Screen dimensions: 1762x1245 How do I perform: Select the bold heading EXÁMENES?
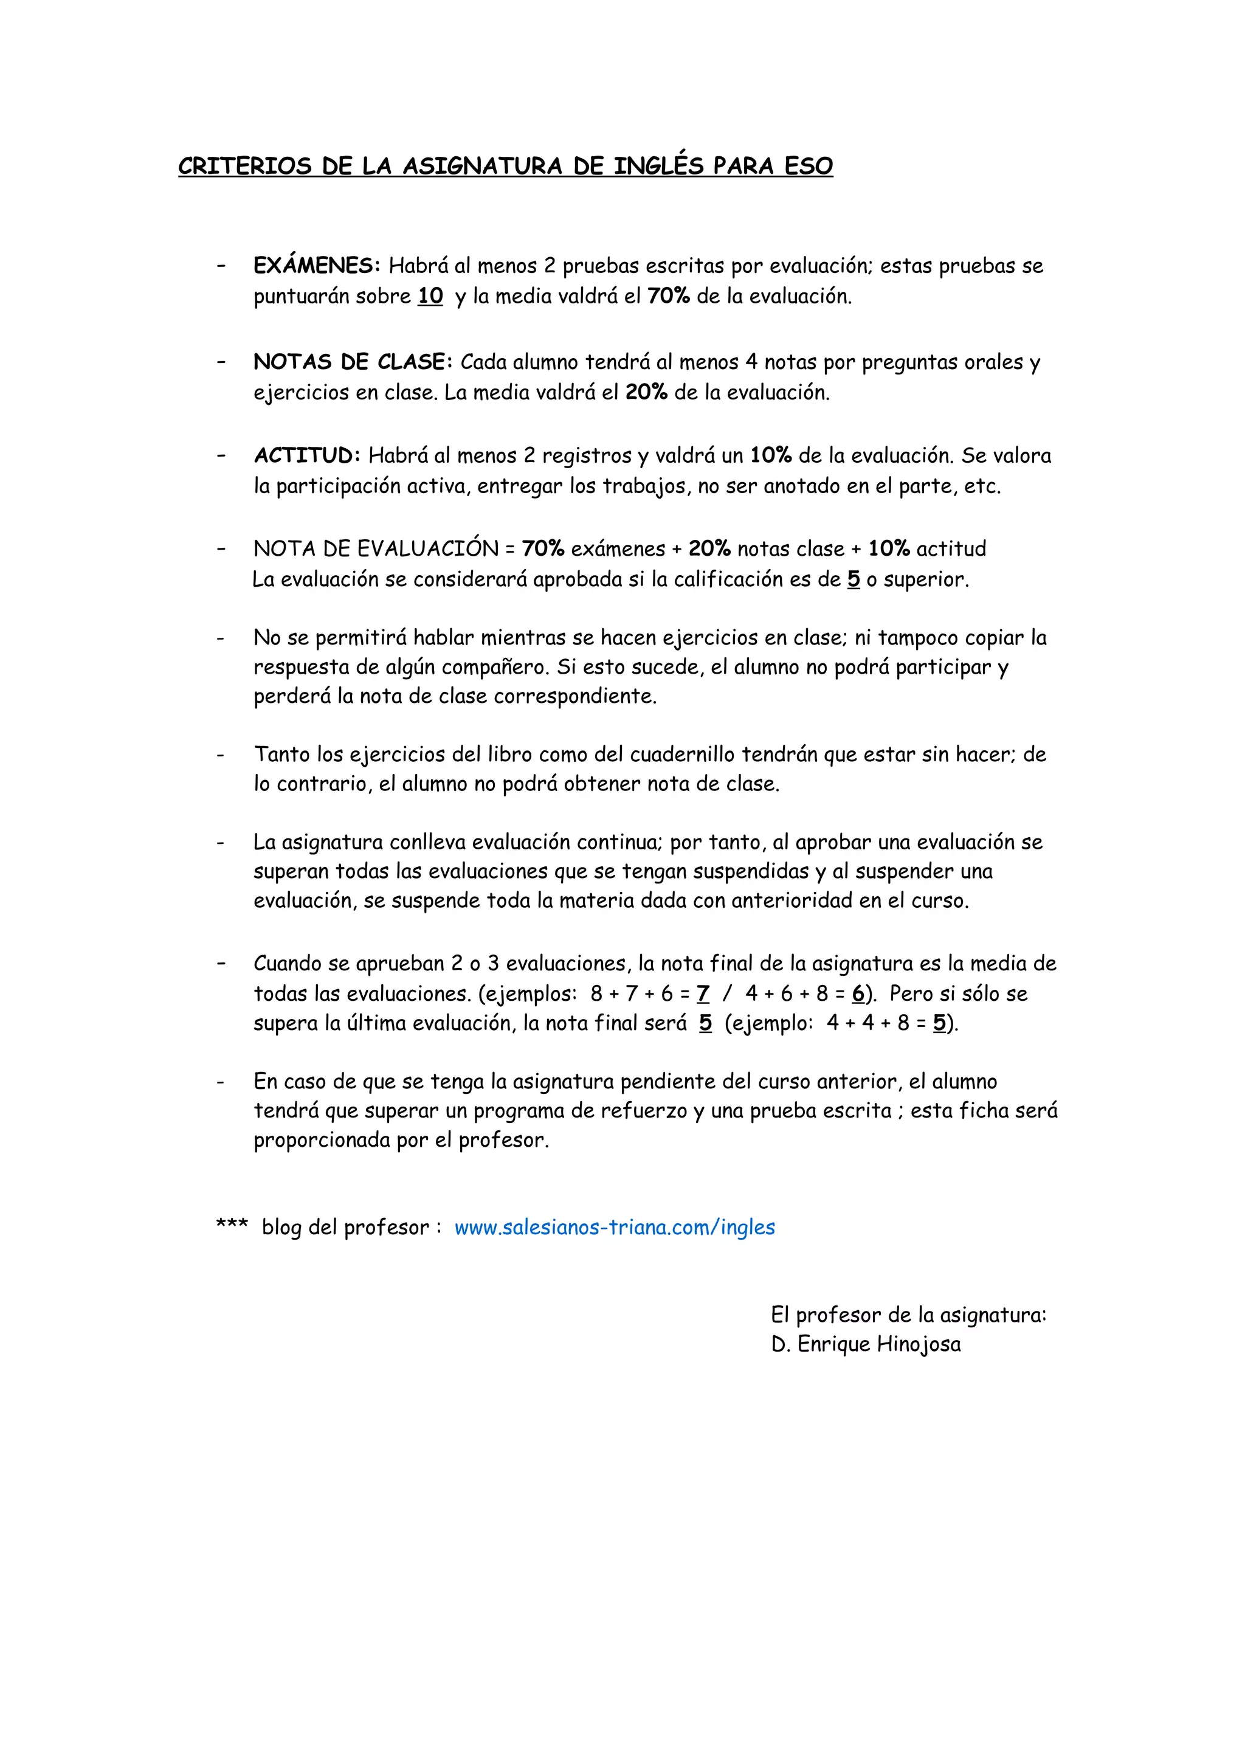317,266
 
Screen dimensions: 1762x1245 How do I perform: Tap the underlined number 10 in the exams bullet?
430,296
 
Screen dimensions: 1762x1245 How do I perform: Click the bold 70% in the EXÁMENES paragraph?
668,296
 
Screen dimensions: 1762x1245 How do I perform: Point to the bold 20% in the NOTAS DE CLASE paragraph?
646,393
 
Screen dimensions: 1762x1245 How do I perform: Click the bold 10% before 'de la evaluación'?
770,456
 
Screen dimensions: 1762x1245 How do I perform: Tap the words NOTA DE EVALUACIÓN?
376,548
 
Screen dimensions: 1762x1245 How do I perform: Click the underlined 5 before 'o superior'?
853,579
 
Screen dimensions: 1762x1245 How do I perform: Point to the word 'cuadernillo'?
682,755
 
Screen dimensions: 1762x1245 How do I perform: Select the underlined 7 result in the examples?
703,994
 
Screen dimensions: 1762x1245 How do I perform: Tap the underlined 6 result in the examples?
858,994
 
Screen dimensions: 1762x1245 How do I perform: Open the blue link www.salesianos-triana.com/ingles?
615,1227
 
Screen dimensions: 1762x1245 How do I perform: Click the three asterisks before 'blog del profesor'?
232,1225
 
